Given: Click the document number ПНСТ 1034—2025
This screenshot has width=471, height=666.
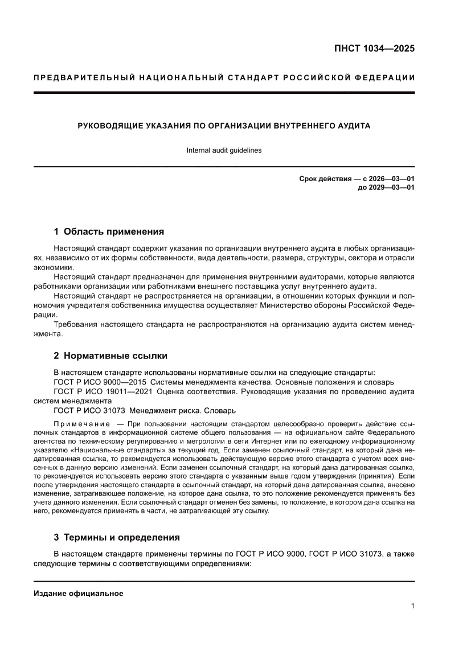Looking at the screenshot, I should point(374,48).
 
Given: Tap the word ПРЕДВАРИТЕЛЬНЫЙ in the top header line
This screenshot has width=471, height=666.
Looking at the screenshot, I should point(79,77).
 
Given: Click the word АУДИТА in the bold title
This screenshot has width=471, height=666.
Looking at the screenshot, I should point(353,125).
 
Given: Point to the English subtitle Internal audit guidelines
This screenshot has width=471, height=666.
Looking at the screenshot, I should point(224,150).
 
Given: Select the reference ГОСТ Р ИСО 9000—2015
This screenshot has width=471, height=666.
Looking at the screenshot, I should point(100,382).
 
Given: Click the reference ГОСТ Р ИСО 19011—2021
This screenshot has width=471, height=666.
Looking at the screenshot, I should point(102,391).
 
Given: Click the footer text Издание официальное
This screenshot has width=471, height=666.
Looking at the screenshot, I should point(79,594).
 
